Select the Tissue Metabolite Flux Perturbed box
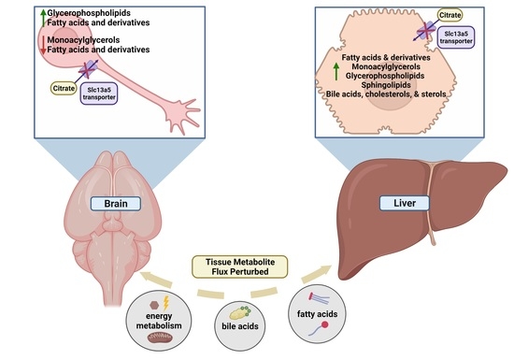257,267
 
